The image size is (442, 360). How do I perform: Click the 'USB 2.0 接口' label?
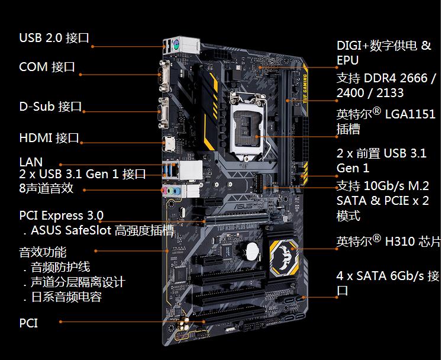54,38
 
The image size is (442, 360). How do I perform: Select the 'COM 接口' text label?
47,67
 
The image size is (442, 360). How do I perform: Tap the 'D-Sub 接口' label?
50,107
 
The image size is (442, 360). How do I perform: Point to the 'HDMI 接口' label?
49,138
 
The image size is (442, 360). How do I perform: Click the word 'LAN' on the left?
31,162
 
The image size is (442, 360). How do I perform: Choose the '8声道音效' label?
46,188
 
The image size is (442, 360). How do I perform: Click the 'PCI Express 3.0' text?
61,216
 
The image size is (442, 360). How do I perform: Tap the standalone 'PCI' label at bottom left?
28,323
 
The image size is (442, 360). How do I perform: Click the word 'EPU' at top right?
347,60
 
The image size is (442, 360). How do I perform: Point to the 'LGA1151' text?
410,114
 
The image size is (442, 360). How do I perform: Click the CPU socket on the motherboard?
247,125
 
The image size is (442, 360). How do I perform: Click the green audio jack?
170,191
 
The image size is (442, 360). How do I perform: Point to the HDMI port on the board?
169,144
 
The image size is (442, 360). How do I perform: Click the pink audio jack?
164,191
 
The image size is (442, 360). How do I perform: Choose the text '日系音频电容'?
66,297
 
